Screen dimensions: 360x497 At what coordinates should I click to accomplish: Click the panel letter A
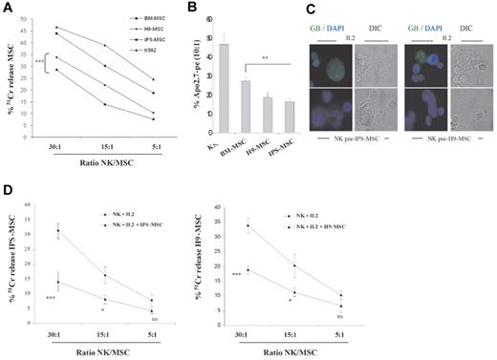click(x=8, y=8)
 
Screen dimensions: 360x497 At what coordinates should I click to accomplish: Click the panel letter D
click(x=8, y=191)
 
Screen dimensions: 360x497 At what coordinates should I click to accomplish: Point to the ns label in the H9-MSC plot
click(x=420, y=315)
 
